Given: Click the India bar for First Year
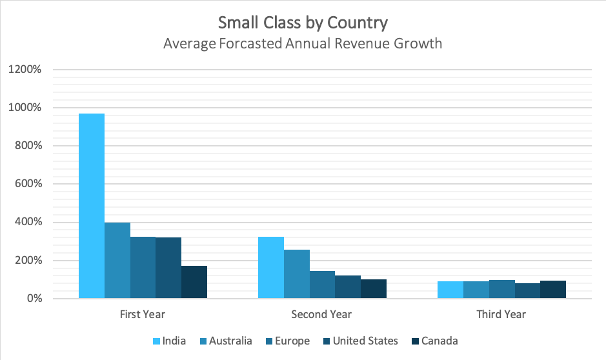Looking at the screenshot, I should (x=92, y=206).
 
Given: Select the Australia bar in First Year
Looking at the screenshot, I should (x=117, y=261).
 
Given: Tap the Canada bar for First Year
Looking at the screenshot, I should (x=194, y=282).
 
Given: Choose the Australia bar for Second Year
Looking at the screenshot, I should (x=297, y=274).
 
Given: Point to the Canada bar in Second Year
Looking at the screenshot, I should (x=374, y=289).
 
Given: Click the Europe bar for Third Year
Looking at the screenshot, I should (x=501, y=289).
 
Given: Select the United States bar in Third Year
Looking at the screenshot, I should (x=527, y=291).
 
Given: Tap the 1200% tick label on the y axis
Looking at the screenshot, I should (x=26, y=70).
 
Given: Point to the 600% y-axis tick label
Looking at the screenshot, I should (x=28, y=184).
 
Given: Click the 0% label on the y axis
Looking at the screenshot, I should (x=34, y=299).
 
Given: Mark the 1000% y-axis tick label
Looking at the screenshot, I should (x=26, y=108).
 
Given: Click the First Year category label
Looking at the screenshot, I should (x=143, y=315).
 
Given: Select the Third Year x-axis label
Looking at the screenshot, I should (x=501, y=315).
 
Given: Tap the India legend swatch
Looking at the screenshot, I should (x=156, y=341).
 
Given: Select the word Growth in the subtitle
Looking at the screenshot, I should (x=420, y=44).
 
